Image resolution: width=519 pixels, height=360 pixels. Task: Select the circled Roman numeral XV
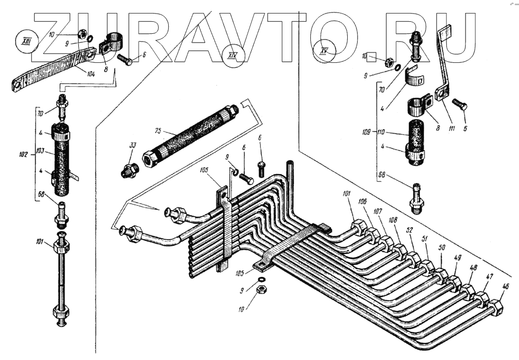coord(325,51)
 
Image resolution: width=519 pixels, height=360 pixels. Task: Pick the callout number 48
coord(473,268)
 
